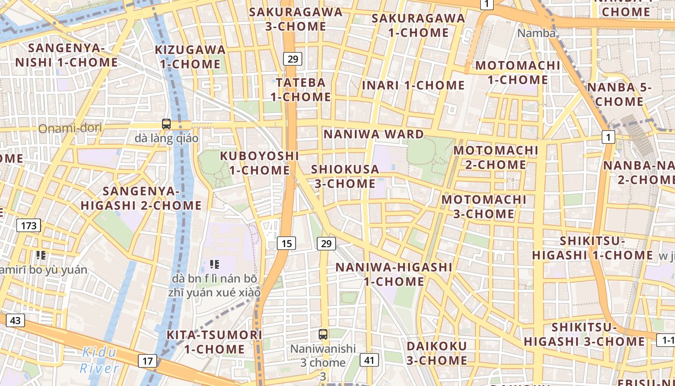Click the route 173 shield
29,225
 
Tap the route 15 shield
286,243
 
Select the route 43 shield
15,320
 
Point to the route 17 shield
148,360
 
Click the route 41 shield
369,359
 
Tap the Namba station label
536,33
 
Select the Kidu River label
99,360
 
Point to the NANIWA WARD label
374,134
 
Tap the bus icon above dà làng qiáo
166,124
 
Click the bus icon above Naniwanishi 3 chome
323,334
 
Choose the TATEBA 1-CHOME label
300,90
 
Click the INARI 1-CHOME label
413,85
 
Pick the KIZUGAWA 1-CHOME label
190,57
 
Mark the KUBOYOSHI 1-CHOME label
259,163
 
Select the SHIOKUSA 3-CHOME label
345,177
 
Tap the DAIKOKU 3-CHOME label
436,353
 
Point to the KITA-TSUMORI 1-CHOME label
214,342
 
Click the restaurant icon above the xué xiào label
215,264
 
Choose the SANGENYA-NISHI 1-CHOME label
67,55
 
